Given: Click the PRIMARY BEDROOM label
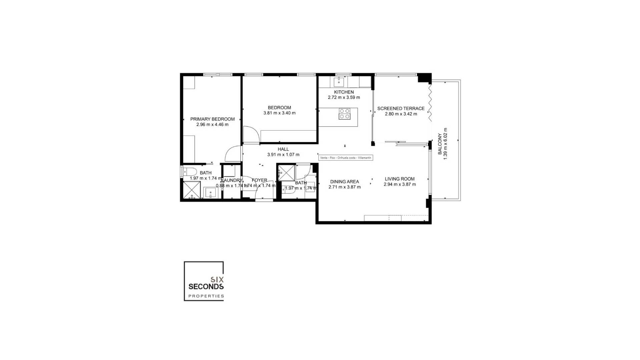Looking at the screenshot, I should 212,119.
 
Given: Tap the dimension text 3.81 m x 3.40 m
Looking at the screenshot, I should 279,113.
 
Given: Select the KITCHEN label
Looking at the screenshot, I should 344,92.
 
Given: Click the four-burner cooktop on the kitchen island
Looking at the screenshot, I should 344,114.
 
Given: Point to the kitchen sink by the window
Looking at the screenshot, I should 339,81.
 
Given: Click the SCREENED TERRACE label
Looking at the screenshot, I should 401,108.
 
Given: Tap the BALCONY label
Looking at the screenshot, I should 440,144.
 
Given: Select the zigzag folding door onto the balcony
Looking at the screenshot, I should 430,102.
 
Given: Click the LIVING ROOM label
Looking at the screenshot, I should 399,179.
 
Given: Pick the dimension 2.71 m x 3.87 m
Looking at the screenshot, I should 344,187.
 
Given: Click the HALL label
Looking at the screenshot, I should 283,149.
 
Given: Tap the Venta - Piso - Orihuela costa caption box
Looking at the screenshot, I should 345,158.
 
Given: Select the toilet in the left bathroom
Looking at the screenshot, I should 190,172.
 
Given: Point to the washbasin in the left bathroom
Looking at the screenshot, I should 211,193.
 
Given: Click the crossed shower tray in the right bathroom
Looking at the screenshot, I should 287,173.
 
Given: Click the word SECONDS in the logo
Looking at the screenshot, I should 206,286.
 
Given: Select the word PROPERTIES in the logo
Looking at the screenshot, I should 206,296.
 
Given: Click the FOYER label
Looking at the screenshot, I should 259,180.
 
